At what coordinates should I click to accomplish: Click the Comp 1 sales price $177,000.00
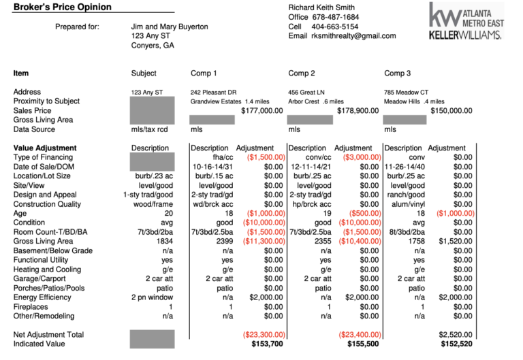(x=261, y=110)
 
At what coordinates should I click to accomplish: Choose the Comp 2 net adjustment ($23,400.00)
(x=360, y=335)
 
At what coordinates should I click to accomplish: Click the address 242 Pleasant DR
(x=213, y=92)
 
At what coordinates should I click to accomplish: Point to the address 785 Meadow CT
(x=406, y=92)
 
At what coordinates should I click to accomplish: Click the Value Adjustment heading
(x=45, y=148)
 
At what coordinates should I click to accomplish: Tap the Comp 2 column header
(x=302, y=73)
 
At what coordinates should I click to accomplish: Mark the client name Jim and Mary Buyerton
(x=170, y=27)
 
